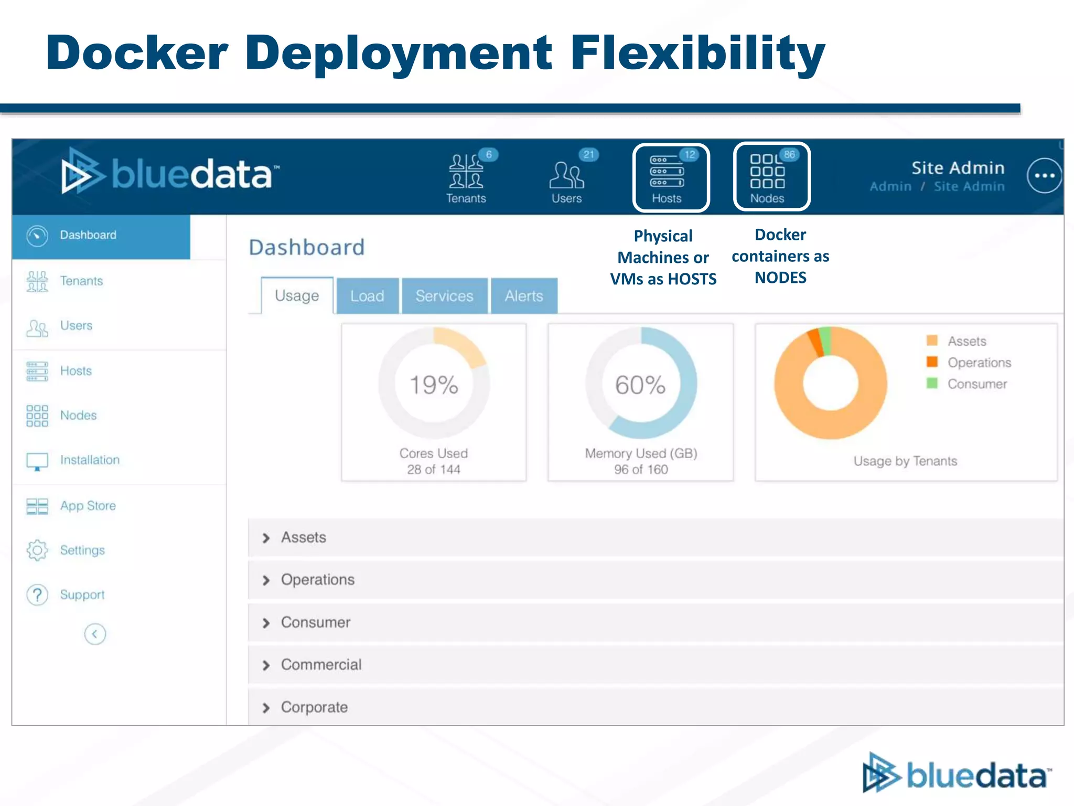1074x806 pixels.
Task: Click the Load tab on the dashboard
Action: (x=367, y=296)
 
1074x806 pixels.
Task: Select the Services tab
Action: (x=444, y=296)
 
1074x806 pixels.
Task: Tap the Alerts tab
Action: (x=524, y=296)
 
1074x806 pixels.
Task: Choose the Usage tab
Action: (x=297, y=296)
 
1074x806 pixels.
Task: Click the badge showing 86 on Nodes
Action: (x=789, y=155)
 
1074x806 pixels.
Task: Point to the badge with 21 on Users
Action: (x=589, y=155)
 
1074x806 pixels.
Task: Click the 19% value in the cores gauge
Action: (x=434, y=385)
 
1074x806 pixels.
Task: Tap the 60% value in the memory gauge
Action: (x=640, y=385)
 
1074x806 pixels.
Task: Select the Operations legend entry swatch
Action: (x=932, y=362)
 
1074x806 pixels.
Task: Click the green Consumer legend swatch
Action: (x=932, y=383)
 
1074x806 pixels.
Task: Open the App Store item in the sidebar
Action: (x=88, y=506)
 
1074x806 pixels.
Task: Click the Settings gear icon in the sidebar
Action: (x=37, y=550)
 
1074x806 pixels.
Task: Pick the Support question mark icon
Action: (x=37, y=595)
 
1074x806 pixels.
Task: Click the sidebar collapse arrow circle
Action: (x=95, y=634)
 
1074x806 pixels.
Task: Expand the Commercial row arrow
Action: (x=266, y=665)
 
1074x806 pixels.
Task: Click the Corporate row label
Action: (x=314, y=707)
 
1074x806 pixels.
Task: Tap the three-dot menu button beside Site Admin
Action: (x=1044, y=176)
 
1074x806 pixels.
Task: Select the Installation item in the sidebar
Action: (x=90, y=460)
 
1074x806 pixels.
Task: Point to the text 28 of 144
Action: (x=434, y=470)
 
